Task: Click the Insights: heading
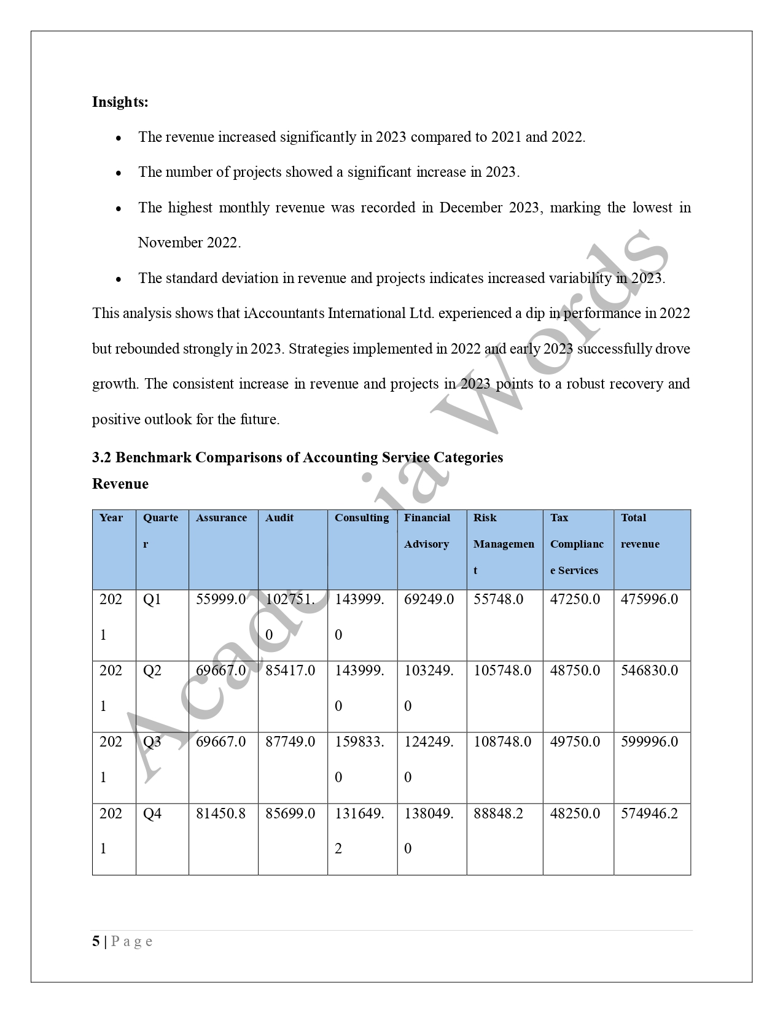point(120,102)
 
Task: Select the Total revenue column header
point(640,531)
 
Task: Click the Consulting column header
point(362,518)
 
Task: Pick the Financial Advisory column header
point(427,531)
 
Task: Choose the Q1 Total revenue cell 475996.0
point(649,599)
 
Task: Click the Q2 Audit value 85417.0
point(290,670)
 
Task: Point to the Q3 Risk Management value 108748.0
point(502,742)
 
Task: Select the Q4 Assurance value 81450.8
point(220,813)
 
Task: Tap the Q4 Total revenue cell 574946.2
point(649,813)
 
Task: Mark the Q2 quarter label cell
point(152,670)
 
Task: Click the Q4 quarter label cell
point(152,813)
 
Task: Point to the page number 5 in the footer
point(96,942)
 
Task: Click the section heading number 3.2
point(102,457)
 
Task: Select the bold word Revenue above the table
point(120,484)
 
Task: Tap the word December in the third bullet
point(470,208)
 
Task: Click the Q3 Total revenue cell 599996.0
point(649,742)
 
